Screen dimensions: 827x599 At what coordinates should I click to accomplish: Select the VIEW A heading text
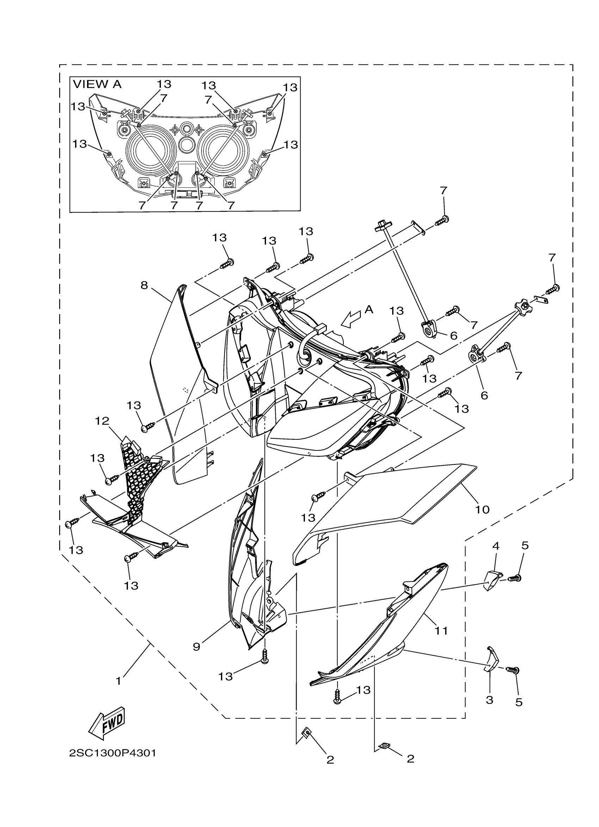pyautogui.click(x=97, y=84)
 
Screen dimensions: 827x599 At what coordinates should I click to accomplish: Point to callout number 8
pyautogui.click(x=144, y=285)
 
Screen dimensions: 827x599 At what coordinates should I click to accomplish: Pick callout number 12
pyautogui.click(x=102, y=421)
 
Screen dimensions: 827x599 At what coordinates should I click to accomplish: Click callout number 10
pyautogui.click(x=482, y=510)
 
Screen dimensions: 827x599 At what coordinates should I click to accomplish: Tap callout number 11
pyautogui.click(x=441, y=630)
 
